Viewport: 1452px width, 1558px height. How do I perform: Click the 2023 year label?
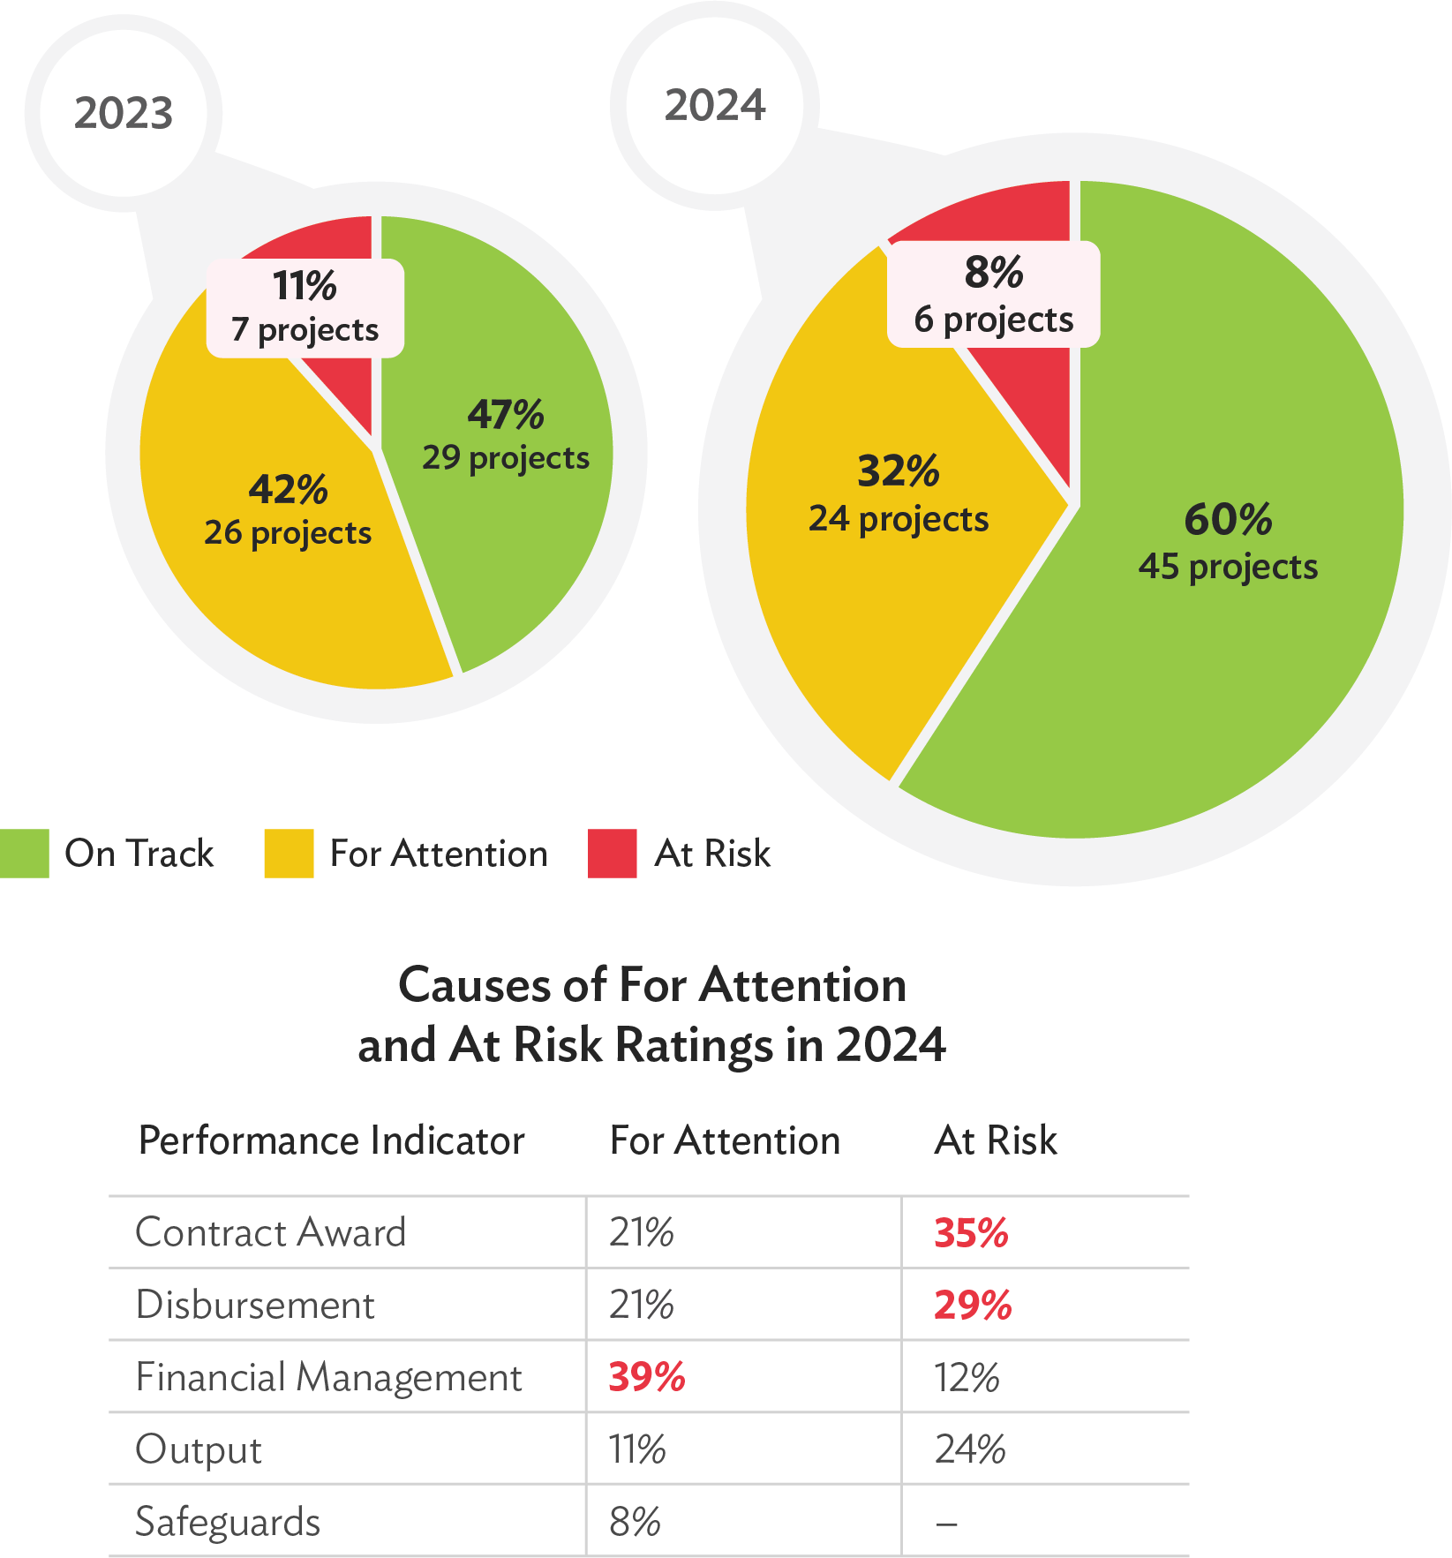124,113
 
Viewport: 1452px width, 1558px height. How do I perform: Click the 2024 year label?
715,105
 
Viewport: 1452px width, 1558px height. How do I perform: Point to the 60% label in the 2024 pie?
1228,519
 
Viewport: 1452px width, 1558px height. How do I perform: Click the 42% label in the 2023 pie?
288,489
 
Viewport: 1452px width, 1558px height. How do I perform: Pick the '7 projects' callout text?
305,329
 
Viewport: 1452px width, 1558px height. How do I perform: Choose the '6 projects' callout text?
994,319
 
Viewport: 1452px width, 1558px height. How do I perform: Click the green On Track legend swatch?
25,854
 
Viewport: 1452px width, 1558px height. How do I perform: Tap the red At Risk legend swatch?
613,854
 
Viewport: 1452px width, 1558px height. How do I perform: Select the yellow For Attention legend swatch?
289,854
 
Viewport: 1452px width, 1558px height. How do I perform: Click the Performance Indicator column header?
332,1140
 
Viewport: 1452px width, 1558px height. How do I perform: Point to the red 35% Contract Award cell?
971,1233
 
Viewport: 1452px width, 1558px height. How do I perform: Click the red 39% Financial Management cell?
646,1377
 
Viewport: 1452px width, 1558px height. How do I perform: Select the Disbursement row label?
255,1305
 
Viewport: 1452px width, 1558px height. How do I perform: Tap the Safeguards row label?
228,1522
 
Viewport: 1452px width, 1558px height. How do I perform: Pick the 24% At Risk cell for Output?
970,1449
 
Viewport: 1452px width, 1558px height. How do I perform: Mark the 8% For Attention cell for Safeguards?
635,1522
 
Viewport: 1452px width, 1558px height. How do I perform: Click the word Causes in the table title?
459,984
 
